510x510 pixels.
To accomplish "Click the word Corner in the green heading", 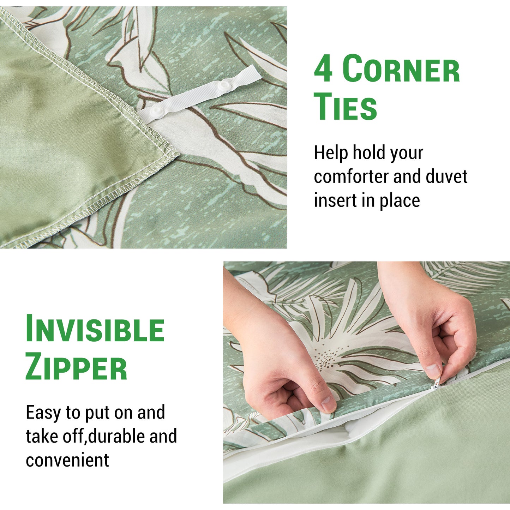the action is point(401,68).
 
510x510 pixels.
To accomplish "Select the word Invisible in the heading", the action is point(95,328).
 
